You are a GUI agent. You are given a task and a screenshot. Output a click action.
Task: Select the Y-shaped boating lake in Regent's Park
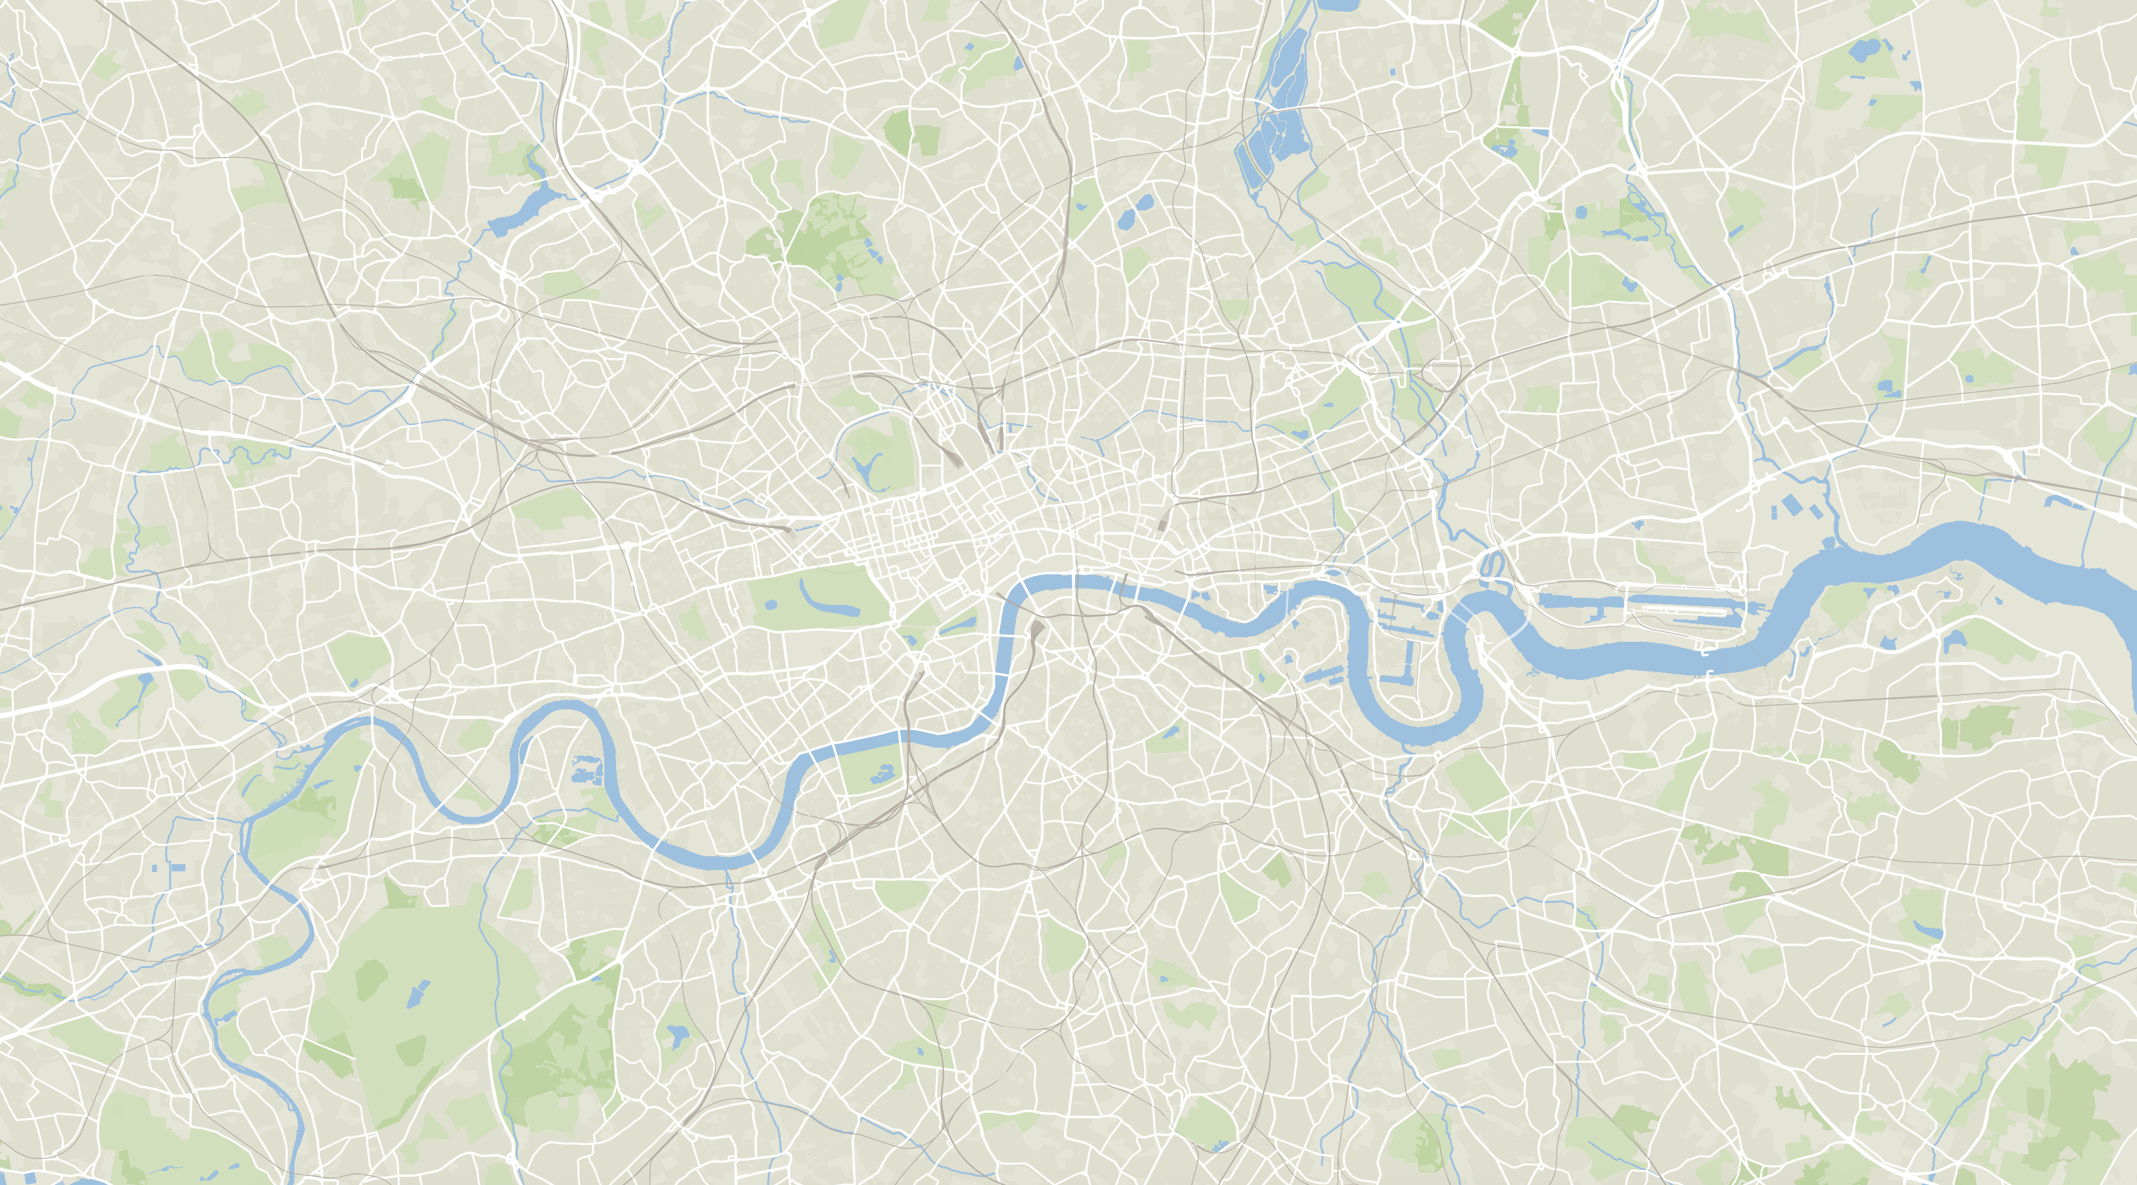[x=866, y=470]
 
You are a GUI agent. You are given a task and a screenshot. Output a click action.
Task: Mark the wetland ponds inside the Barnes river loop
[x=587, y=771]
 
